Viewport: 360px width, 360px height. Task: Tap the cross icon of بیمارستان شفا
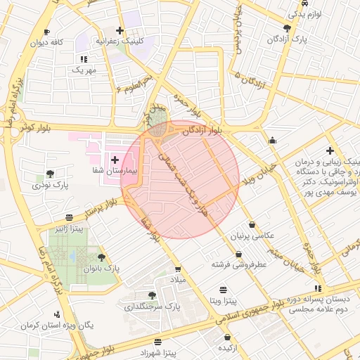tap(115, 161)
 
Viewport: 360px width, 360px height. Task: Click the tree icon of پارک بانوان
tap(102, 258)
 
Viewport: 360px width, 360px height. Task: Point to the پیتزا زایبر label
tap(70, 229)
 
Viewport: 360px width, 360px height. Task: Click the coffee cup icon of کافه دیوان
tap(46, 32)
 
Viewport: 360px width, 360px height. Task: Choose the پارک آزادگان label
tap(292, 40)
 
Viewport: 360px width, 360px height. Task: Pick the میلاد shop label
tap(176, 280)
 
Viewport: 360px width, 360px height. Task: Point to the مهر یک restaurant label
tap(83, 70)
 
